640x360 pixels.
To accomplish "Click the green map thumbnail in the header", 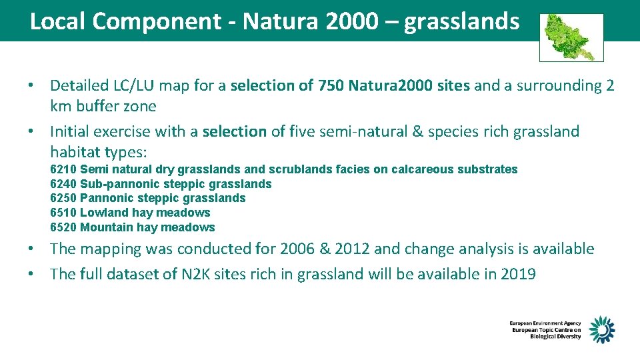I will point(571,37).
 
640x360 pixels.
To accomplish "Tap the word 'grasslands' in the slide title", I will point(461,22).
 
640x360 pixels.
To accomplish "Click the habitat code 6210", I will point(63,169).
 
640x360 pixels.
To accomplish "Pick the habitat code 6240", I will point(63,184).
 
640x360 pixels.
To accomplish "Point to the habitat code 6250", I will point(63,199).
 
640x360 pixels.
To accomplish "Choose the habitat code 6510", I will point(63,213).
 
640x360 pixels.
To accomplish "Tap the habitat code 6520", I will point(63,228).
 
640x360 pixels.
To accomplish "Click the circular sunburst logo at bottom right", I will point(601,329).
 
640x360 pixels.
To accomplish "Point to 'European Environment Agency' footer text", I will point(545,323).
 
